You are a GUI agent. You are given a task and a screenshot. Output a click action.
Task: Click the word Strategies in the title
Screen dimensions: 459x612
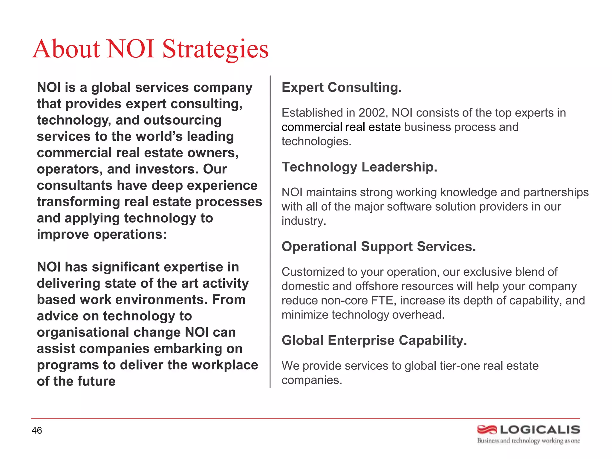(215, 49)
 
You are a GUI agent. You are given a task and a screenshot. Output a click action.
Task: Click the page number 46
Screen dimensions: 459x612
(37, 430)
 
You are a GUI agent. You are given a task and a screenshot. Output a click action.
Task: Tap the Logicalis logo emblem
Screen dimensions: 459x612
(487, 430)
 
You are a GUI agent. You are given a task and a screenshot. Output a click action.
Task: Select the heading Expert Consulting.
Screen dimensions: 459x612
(342, 88)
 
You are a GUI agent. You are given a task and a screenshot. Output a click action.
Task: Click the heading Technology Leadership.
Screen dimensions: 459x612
(359, 167)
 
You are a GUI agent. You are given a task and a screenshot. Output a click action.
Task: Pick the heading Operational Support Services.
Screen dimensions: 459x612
(379, 247)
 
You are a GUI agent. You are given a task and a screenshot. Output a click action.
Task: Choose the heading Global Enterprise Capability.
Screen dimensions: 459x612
(374, 341)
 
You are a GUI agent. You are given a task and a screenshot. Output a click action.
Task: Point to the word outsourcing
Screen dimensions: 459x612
(183, 120)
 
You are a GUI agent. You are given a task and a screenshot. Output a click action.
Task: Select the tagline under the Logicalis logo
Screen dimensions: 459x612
(528, 441)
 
